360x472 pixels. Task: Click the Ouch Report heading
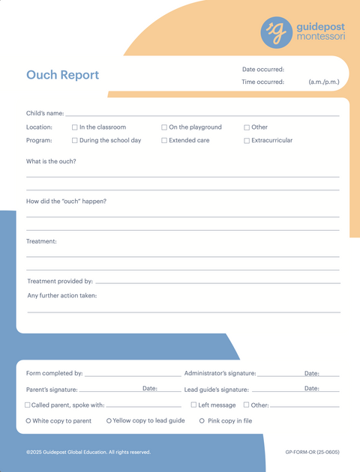click(x=62, y=75)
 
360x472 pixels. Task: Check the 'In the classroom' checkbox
click(x=75, y=127)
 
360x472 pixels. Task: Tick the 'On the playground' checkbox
click(x=164, y=127)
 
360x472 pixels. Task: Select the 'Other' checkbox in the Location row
click(x=247, y=127)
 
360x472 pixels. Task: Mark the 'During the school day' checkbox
click(x=75, y=140)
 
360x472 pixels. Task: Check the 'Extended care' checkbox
click(x=164, y=140)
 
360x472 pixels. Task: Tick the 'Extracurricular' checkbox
click(x=247, y=140)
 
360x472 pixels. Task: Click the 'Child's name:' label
click(x=45, y=113)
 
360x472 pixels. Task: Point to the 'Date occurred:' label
click(x=262, y=70)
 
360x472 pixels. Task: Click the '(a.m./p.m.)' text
click(x=324, y=82)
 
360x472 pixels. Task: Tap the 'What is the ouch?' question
click(x=51, y=161)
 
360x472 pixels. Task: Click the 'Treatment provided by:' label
click(x=60, y=281)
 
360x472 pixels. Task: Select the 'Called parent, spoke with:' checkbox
click(x=28, y=405)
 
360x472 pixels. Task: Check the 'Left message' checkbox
click(x=193, y=405)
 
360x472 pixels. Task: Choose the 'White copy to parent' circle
click(x=28, y=421)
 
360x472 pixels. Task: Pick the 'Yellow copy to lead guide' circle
click(x=109, y=421)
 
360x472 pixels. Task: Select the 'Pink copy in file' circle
click(x=202, y=421)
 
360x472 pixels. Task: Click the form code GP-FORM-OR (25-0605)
click(x=312, y=452)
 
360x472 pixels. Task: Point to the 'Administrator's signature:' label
click(x=220, y=373)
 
